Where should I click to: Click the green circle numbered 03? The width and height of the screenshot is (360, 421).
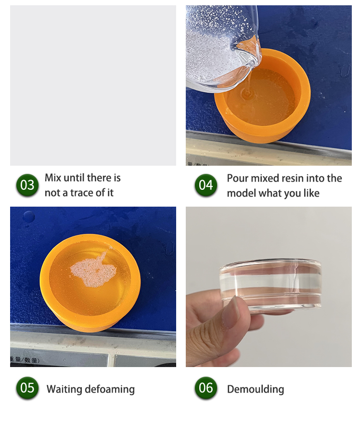point(27,184)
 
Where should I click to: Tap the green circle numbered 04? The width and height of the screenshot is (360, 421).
point(206,184)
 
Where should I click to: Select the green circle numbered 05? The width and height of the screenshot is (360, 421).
point(27,388)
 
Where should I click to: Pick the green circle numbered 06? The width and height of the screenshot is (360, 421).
point(206,388)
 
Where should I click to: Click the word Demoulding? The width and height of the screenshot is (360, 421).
point(256,389)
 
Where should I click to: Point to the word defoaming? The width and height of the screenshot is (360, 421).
point(111,389)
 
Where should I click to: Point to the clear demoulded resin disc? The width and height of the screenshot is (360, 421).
point(270,284)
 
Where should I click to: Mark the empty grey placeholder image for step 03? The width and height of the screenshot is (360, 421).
point(93,85)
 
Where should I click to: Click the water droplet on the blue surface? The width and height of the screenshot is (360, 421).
point(29,216)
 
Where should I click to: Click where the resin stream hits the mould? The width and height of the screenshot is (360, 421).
point(247,94)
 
